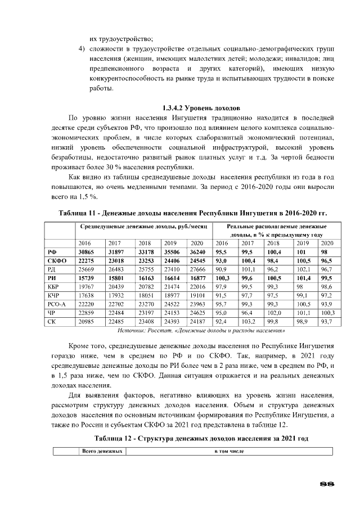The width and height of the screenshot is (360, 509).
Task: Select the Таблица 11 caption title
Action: coord(193,214)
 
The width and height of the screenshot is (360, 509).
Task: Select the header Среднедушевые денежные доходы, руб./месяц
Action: coord(143,226)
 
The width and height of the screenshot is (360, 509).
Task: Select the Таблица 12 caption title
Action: coord(201,438)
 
